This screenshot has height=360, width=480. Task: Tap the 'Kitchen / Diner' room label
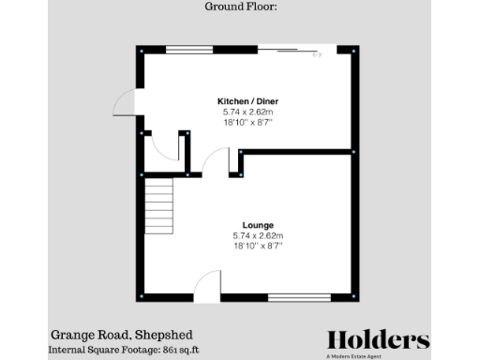click(x=247, y=100)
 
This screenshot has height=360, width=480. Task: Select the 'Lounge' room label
click(x=257, y=225)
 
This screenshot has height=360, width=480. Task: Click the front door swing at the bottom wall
click(x=207, y=285)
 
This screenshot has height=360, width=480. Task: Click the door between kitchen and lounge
click(x=216, y=161)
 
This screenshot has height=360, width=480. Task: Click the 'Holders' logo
click(x=378, y=339)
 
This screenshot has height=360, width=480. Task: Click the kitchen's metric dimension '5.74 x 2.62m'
click(x=247, y=111)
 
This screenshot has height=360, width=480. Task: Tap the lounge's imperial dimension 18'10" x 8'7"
click(x=257, y=245)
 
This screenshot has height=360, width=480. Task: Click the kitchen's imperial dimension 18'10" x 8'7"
click(x=247, y=121)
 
